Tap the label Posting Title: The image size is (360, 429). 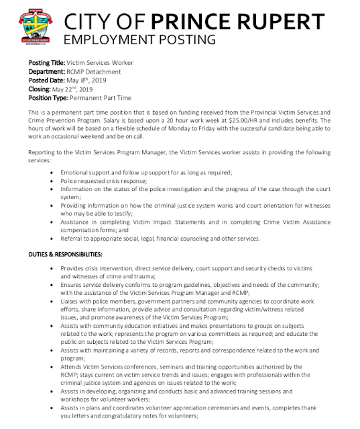(47, 63)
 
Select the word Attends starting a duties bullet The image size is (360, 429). (73, 367)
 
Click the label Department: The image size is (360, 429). (48, 72)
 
